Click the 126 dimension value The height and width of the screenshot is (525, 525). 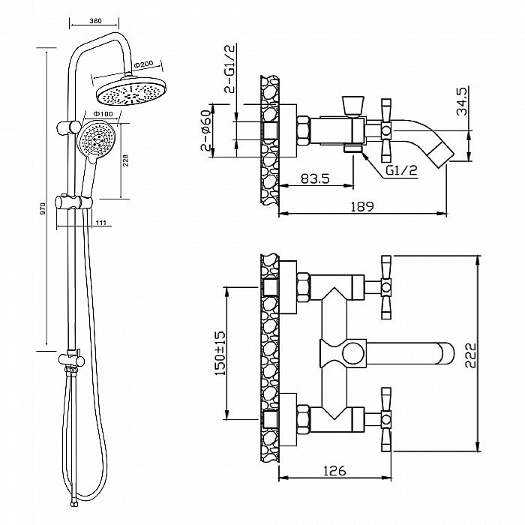coord(335,471)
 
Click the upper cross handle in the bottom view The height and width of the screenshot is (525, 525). coord(387,285)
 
